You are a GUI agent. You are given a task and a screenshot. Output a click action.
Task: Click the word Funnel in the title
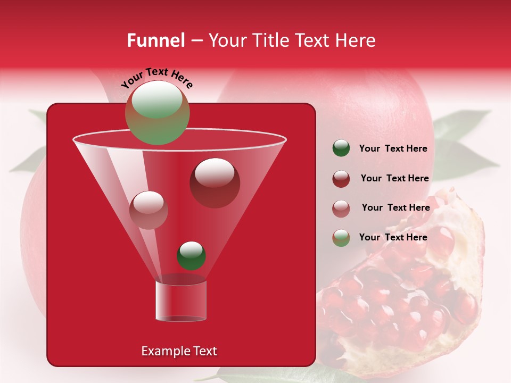[x=155, y=40]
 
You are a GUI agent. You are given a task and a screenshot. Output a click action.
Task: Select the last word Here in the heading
[x=355, y=40]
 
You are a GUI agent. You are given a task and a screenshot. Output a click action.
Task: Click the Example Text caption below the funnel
[x=179, y=351]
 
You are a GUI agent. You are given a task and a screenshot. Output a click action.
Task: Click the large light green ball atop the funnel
[x=158, y=112]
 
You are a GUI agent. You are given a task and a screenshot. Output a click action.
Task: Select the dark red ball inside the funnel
[x=215, y=182]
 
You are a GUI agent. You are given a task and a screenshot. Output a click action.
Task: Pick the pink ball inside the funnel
[x=149, y=210]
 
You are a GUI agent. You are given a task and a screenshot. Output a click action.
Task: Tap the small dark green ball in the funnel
[x=192, y=255]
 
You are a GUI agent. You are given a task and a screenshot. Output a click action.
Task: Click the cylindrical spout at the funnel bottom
[x=180, y=301]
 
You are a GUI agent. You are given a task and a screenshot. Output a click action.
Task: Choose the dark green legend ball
[x=341, y=148]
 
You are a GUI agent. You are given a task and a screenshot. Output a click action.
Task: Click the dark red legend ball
[x=341, y=178]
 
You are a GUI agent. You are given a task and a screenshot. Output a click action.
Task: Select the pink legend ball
[x=341, y=208]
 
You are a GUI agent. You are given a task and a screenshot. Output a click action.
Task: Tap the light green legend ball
[x=341, y=237]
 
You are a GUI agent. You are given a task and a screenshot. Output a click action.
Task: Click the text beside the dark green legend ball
[x=393, y=148]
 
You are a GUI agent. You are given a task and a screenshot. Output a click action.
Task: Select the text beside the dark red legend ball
[x=394, y=178]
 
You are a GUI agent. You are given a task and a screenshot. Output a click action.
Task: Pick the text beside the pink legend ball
[x=395, y=207]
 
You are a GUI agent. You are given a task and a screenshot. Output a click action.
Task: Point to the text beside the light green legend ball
[x=393, y=237]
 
